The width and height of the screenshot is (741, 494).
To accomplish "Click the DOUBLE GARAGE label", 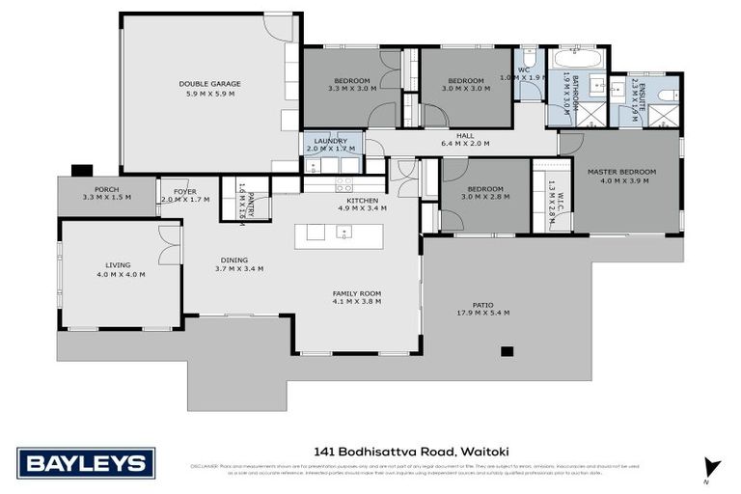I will [x=209, y=84].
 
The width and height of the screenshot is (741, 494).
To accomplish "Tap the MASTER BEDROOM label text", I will [x=621, y=172].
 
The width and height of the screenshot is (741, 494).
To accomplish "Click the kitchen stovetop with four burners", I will [x=343, y=182].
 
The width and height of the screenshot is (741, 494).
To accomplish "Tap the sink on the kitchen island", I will [x=343, y=232].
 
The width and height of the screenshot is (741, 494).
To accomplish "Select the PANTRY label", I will [x=251, y=205].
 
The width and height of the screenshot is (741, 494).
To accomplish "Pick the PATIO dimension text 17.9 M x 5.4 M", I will [x=482, y=313].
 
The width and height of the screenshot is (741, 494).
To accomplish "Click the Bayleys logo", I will [x=86, y=463].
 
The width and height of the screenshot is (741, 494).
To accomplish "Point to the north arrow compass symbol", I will [x=712, y=468].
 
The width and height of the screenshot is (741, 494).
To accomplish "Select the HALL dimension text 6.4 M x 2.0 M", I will [x=465, y=144].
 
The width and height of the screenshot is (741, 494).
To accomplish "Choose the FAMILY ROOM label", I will [x=356, y=292].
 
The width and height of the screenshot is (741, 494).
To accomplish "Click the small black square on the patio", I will [x=509, y=351].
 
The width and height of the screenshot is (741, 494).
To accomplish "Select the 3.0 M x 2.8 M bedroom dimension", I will [x=484, y=197].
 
